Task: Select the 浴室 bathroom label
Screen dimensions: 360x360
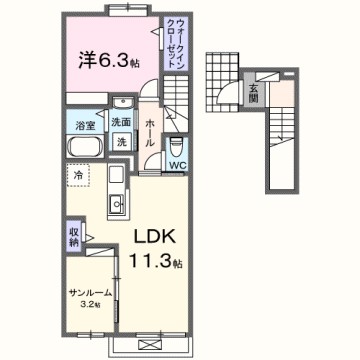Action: pos(84,125)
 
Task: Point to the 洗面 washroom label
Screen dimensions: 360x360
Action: pos(121,124)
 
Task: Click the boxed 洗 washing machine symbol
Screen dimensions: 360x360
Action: pos(121,142)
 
